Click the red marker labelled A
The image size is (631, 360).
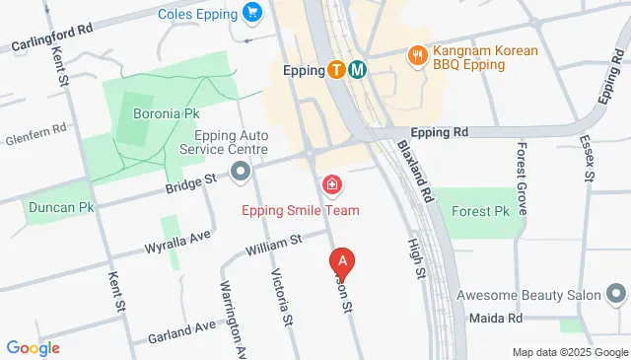coord(341,262)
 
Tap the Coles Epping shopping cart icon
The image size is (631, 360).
coord(253,14)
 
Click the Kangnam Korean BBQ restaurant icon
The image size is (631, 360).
coord(418,54)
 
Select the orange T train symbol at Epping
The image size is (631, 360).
coord(337,70)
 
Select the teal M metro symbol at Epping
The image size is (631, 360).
coord(358,70)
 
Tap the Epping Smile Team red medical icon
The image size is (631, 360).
coord(331,183)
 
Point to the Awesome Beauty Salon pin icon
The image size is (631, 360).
coord(616,294)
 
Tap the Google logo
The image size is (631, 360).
coord(33,347)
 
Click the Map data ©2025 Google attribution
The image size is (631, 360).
coord(570,352)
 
